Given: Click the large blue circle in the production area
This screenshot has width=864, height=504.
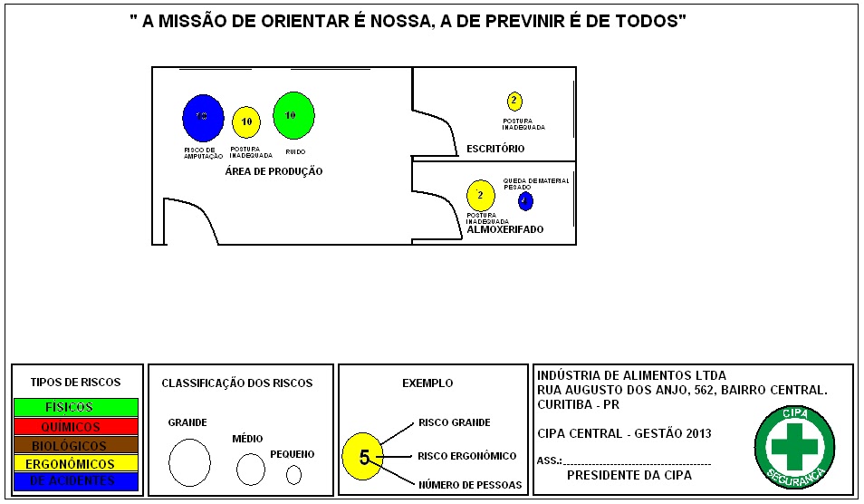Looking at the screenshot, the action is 201,117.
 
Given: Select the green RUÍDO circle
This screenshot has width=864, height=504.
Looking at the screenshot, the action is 293,114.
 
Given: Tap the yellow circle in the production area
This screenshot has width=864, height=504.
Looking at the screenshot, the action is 245,121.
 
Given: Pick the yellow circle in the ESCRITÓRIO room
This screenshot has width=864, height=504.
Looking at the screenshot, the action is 514,101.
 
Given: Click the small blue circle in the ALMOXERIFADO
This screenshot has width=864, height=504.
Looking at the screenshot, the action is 525,200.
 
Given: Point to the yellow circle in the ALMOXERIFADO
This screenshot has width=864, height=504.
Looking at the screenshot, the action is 480,195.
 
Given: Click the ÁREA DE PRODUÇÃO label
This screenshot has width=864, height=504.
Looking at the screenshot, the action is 274,171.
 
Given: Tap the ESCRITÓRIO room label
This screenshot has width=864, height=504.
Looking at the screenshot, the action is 494,149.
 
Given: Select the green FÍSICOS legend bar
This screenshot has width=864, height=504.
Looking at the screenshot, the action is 75,407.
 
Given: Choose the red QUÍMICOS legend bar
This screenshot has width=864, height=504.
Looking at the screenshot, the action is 75,426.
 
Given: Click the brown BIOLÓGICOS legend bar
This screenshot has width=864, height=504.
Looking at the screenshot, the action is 75,445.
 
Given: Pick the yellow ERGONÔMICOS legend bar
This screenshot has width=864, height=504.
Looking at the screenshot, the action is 75,464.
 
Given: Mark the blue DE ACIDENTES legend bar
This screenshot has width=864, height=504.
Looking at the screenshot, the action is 75,482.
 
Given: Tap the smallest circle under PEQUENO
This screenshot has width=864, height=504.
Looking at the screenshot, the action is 293,474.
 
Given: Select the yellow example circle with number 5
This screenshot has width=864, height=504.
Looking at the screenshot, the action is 362,456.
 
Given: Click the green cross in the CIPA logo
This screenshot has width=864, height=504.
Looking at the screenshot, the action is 793,445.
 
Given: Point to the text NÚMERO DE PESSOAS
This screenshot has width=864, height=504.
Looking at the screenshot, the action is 470,485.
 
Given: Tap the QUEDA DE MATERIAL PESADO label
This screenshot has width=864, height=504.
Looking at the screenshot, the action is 536,184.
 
